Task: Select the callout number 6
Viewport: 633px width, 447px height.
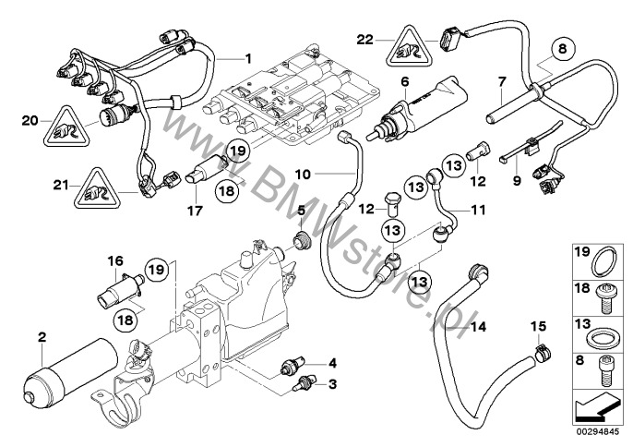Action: [403, 81]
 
